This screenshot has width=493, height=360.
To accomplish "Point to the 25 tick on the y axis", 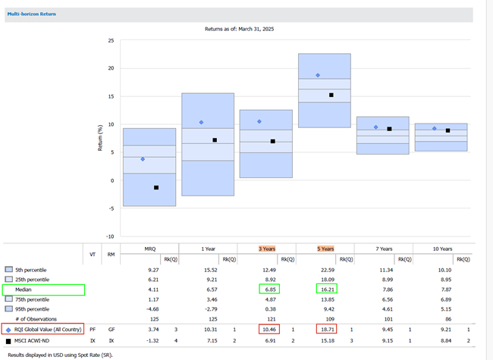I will (x=111, y=40).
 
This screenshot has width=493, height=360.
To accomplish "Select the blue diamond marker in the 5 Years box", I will (x=318, y=75).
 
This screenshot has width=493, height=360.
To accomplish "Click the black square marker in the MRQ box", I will (x=156, y=188).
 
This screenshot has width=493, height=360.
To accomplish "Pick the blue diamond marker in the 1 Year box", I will (x=201, y=123).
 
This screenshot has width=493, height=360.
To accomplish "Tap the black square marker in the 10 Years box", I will (x=447, y=130).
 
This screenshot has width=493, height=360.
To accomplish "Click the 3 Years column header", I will (x=267, y=248).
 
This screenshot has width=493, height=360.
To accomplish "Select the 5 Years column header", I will (x=325, y=248).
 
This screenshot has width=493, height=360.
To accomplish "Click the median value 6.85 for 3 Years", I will (x=268, y=290).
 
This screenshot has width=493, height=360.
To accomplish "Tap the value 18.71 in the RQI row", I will (x=326, y=330).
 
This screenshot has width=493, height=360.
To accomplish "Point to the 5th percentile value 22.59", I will (x=325, y=270).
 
